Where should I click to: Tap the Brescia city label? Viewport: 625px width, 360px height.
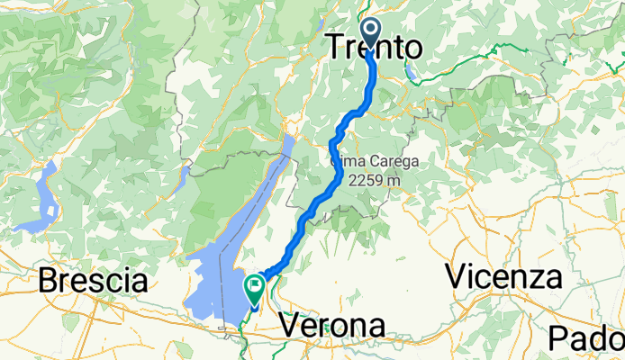tap(93, 281)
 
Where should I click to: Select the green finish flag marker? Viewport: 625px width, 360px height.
tap(254, 288)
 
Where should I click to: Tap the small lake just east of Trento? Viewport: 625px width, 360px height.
tap(411, 71)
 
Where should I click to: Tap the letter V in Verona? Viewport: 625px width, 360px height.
tap(291, 325)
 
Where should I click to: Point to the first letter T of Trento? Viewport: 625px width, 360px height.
tap(335, 48)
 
